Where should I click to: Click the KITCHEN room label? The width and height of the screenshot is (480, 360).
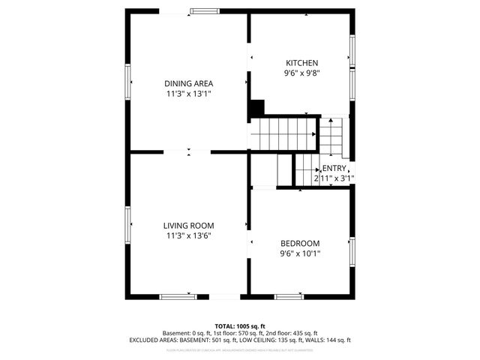point(302,63)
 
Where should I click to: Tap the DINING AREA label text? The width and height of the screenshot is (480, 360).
point(189,83)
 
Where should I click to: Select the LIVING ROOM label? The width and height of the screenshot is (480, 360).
point(189,225)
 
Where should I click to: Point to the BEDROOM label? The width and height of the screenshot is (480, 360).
point(300,243)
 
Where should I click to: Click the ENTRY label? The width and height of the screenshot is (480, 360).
point(334,169)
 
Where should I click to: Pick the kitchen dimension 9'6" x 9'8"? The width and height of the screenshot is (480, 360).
point(302,74)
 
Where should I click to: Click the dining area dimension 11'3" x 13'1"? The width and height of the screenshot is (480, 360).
point(189,94)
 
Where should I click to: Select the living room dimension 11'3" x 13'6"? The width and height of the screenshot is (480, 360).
point(189,236)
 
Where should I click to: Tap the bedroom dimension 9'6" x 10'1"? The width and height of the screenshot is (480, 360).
point(300,254)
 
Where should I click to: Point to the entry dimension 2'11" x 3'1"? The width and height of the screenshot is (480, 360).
point(334,178)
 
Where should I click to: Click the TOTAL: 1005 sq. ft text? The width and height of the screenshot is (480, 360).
point(240,326)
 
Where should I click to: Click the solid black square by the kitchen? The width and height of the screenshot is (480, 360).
point(256,108)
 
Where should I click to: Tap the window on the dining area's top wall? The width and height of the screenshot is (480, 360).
point(201,10)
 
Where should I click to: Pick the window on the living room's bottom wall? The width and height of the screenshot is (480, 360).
point(178,297)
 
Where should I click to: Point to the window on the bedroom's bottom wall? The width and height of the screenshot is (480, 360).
point(289,297)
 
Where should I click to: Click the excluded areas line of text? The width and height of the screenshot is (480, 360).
point(240,340)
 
